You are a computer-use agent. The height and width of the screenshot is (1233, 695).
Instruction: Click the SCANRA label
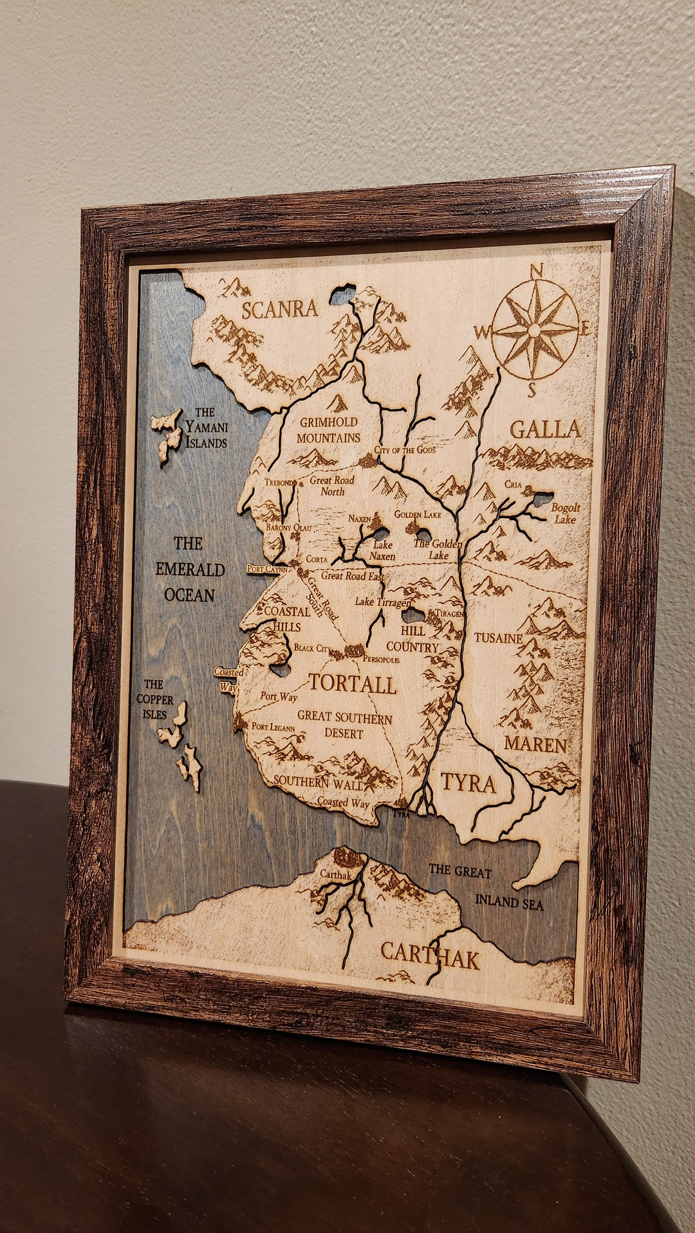point(279,310)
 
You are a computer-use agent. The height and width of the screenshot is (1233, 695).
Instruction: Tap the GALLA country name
point(545,429)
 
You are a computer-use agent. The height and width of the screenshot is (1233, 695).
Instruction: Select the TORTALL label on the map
point(352,683)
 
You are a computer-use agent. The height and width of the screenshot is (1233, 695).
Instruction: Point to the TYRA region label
point(468,783)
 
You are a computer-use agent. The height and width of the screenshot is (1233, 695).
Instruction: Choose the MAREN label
point(535,744)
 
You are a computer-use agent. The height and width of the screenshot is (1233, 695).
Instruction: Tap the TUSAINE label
point(498,638)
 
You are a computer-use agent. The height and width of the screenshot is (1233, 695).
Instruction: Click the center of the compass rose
point(535,329)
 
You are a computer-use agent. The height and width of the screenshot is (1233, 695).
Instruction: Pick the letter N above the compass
point(537,271)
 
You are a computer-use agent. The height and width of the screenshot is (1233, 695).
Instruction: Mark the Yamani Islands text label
point(206,428)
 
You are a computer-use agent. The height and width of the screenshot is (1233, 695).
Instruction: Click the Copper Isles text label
point(154,699)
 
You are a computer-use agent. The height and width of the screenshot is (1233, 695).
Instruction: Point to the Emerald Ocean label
point(190,570)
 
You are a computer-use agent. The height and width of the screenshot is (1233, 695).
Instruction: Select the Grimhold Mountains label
point(328,430)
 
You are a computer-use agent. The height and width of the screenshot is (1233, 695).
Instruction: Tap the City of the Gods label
point(405,450)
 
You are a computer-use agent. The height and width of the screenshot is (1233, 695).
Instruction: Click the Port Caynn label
point(267,569)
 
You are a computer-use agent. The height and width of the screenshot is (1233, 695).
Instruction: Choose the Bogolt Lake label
point(566,513)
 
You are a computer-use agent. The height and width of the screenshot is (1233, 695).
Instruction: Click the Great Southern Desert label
point(344,724)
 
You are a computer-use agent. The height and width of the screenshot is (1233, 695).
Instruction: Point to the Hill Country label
point(412,639)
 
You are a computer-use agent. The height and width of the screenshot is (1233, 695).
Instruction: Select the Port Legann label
point(273,727)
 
